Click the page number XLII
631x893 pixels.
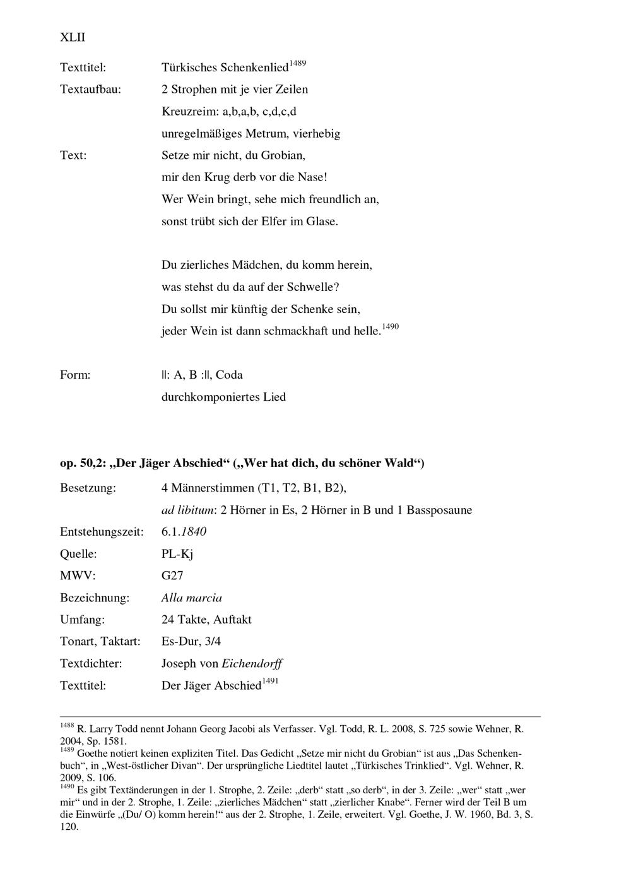(73, 38)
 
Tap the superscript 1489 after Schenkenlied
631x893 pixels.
(298, 63)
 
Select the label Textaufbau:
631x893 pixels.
(90, 89)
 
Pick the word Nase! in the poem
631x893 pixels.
(312, 177)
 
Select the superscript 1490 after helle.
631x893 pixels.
(391, 326)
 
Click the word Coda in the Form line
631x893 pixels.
(229, 375)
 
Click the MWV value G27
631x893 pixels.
(172, 576)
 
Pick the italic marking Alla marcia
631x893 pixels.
(192, 598)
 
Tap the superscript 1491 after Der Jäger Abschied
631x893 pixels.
(270, 682)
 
